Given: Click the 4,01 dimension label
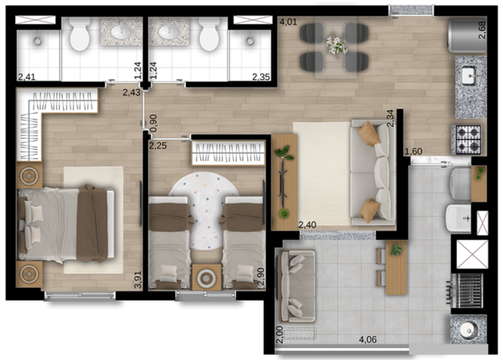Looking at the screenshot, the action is pyautogui.click(x=288, y=22).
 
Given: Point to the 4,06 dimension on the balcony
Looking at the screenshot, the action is pyautogui.click(x=367, y=339).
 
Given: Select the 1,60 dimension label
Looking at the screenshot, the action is pyautogui.click(x=413, y=151).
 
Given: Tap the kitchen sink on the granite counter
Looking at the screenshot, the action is pyautogui.click(x=471, y=77).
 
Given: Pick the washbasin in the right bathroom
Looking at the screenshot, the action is pyautogui.click(x=168, y=31).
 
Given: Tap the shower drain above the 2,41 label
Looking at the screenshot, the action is pyautogui.click(x=37, y=41).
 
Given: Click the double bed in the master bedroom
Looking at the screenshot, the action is pyautogui.click(x=65, y=223).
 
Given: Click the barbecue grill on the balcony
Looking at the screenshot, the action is pyautogui.click(x=466, y=291).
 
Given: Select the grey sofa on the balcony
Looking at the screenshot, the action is pyautogui.click(x=297, y=286).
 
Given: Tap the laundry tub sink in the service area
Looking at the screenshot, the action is pyautogui.click(x=458, y=219).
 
